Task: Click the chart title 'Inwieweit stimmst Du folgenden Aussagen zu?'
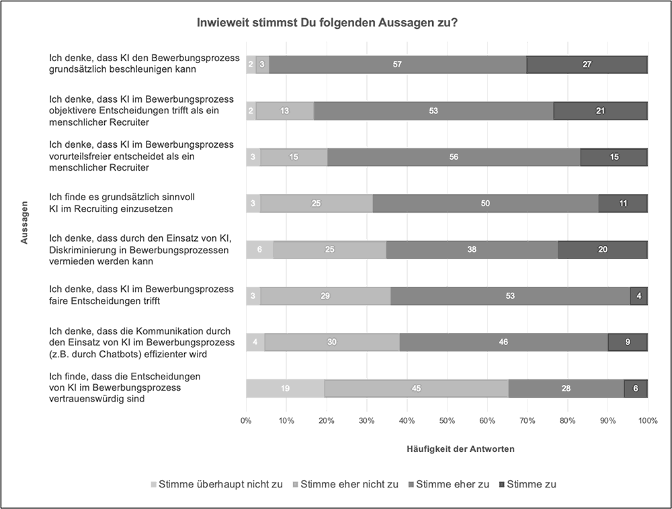tap(327, 23)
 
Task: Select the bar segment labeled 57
tap(398, 64)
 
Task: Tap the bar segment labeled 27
tap(587, 64)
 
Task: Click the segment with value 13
tap(285, 111)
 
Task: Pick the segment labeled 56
tap(454, 156)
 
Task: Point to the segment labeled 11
tap(623, 203)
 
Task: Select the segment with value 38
tap(472, 249)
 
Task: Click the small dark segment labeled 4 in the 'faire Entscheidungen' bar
tap(639, 295)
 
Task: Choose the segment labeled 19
tap(285, 388)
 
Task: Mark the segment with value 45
tap(416, 388)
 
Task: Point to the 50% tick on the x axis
tap(447, 420)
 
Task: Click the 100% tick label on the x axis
tap(647, 420)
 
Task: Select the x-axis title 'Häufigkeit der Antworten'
tap(460, 449)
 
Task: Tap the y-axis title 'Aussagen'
tap(25, 222)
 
